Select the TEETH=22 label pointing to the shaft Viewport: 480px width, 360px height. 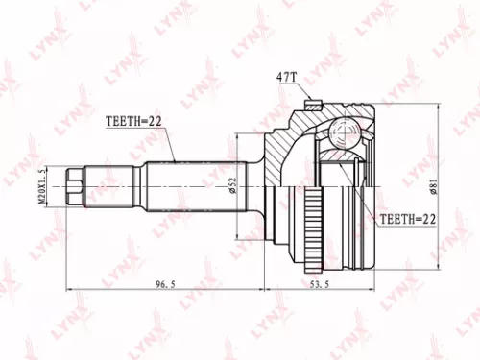click(132, 121)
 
